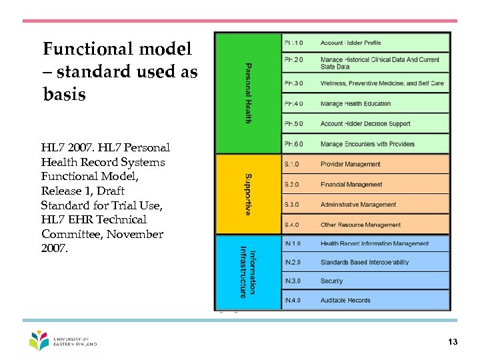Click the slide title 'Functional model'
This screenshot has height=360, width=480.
(x=117, y=49)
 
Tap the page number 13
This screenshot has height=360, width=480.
(x=453, y=342)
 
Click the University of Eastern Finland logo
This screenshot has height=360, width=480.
(x=63, y=341)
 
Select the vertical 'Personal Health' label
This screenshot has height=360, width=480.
(x=248, y=93)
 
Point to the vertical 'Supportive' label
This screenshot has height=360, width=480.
(x=248, y=194)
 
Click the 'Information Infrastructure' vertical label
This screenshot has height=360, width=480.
(x=247, y=272)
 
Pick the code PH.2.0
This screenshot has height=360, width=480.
(x=293, y=60)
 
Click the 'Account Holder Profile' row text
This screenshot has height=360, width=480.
(x=351, y=43)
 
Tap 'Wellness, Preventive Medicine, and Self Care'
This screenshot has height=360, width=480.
(x=381, y=83)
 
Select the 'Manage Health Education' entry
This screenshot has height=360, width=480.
(x=355, y=104)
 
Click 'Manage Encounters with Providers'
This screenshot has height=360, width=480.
(x=367, y=144)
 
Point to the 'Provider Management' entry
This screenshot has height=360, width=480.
(x=350, y=164)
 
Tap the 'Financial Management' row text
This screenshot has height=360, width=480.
(x=351, y=185)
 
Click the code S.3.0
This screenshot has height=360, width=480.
(x=292, y=205)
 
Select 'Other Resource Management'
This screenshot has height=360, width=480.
(x=361, y=225)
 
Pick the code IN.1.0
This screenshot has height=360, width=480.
(x=293, y=244)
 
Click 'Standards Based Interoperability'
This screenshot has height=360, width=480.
(x=365, y=263)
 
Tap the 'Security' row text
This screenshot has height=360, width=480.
(x=331, y=281)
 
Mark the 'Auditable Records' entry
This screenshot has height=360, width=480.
(x=345, y=301)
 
